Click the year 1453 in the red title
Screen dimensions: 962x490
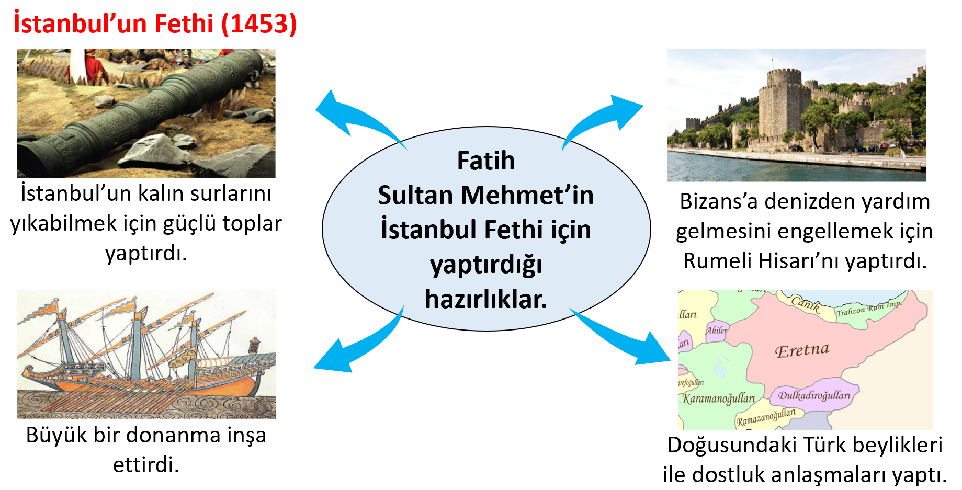pyautogui.click(x=259, y=24)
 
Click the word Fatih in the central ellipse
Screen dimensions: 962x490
pyautogui.click(x=486, y=161)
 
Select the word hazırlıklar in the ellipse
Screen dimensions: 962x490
pyautogui.click(x=485, y=299)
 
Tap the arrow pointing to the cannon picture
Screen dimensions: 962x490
pyautogui.click(x=356, y=118)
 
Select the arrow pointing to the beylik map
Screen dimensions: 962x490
pyautogui.click(x=620, y=337)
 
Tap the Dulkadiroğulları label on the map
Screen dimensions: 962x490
pyautogui.click(x=814, y=395)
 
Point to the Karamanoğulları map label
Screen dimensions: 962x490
pyautogui.click(x=718, y=398)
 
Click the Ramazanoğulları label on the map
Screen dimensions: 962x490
pyautogui.click(x=766, y=417)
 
